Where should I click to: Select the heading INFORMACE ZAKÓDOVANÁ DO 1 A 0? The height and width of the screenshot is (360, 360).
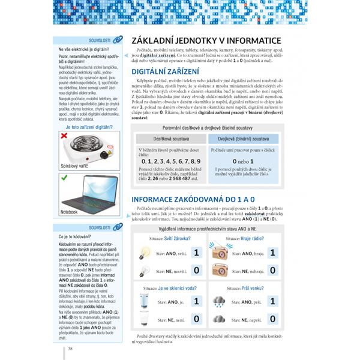[202, 199]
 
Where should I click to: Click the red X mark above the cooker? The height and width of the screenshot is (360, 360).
[64, 137]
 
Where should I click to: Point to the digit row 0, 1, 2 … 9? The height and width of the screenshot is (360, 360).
[170, 161]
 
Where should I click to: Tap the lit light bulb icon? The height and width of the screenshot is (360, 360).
[144, 253]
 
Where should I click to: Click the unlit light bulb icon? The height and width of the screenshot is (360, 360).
[144, 271]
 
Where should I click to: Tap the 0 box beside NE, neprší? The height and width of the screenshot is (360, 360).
[273, 319]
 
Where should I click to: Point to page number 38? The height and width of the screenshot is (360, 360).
[71, 349]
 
